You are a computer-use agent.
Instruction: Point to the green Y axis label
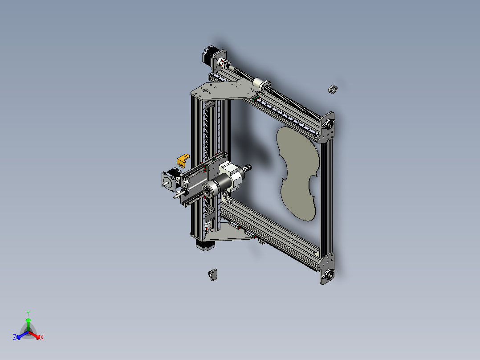[28, 313]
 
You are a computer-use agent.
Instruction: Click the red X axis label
[42, 338]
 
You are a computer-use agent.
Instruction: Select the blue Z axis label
[15, 338]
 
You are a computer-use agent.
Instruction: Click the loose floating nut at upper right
[332, 88]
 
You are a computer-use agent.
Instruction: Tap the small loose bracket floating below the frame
[213, 274]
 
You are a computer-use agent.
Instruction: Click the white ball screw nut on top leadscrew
[260, 84]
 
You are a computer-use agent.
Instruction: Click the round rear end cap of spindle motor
[208, 191]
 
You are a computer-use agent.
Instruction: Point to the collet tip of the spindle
[248, 168]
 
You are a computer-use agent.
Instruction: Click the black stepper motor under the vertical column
[205, 245]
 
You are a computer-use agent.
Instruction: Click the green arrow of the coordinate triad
[28, 321]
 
